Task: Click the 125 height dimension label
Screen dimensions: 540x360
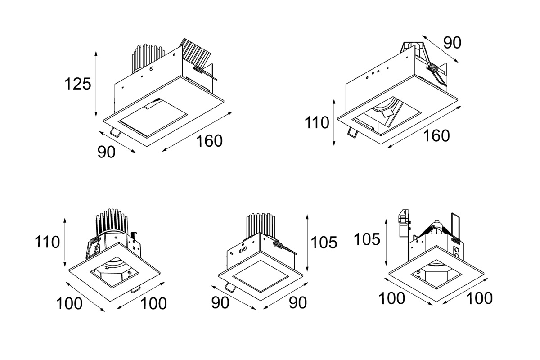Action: (77, 84)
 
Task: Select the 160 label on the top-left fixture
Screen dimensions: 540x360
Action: (209, 141)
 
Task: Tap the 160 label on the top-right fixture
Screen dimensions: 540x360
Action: (436, 136)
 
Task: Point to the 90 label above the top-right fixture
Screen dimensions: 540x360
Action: (452, 43)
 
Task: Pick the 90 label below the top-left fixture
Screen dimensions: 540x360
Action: (106, 152)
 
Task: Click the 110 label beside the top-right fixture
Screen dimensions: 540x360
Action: (317, 122)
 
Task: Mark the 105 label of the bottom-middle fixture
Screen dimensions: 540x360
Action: (324, 243)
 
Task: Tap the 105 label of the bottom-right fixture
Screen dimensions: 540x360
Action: (367, 239)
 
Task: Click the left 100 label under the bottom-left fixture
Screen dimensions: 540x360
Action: (69, 303)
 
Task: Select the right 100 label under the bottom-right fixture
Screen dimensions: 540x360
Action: (480, 298)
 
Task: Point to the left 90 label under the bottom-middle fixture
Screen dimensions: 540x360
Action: (220, 302)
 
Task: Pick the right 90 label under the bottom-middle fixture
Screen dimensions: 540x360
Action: (298, 302)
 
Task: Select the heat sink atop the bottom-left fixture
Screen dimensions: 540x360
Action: (112, 222)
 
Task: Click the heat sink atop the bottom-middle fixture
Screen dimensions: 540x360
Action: (261, 225)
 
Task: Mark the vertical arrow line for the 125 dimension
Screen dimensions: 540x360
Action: (96, 84)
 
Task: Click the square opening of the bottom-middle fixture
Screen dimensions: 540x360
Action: (261, 276)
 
